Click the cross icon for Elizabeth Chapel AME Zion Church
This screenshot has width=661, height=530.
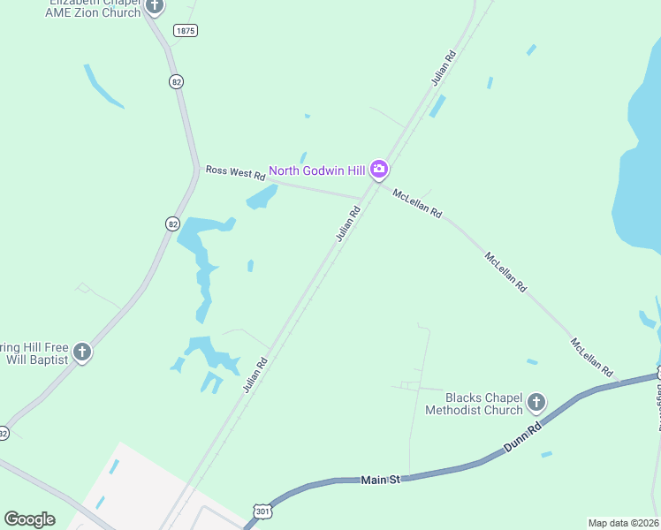(x=155, y=7)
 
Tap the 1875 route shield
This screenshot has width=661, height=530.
(x=186, y=30)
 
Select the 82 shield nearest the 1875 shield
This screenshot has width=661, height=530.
(x=176, y=81)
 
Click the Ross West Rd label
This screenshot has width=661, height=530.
(x=236, y=173)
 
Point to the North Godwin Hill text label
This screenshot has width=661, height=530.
(x=318, y=170)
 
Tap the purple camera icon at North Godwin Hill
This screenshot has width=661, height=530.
(x=379, y=169)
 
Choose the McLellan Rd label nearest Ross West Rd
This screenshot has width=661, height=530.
(x=417, y=204)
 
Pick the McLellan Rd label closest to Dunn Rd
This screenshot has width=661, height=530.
(x=591, y=356)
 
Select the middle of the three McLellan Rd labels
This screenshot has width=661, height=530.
(x=505, y=272)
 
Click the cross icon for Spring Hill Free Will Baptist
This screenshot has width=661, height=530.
(x=82, y=352)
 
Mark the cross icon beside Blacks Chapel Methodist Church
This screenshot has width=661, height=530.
(x=536, y=404)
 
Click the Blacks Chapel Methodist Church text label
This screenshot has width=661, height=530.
(x=474, y=404)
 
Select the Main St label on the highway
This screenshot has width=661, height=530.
(x=381, y=480)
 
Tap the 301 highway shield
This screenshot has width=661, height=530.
(x=262, y=511)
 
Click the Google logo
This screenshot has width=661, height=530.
(x=29, y=519)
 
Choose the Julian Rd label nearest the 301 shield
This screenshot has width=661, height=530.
(x=255, y=375)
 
